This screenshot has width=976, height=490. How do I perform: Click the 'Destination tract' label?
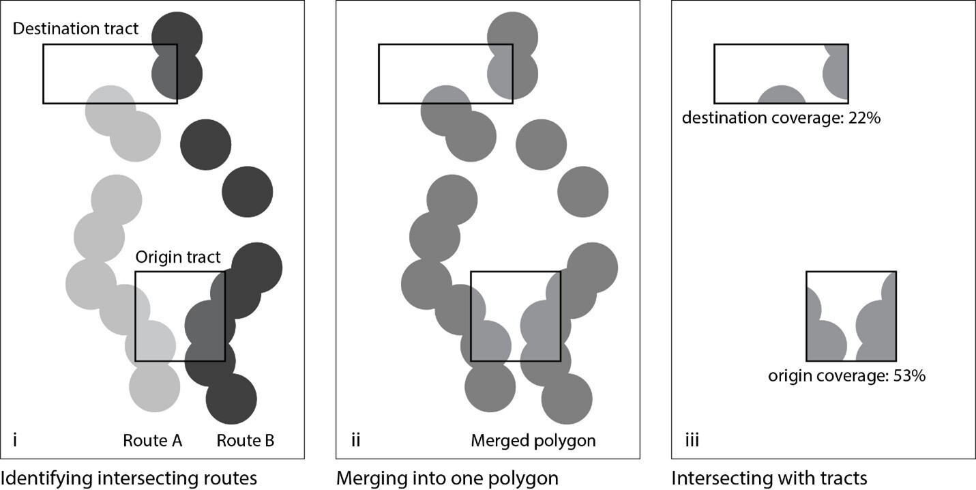[76, 29]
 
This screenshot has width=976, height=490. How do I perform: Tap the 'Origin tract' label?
[177, 257]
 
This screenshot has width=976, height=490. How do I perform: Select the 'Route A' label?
[152, 441]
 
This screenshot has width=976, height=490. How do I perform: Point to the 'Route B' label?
[246, 441]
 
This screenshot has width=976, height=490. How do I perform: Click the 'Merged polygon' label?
[533, 441]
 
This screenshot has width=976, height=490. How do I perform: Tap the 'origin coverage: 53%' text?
[846, 375]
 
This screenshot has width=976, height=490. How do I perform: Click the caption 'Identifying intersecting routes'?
[129, 478]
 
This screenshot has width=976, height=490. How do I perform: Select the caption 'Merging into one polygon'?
[447, 478]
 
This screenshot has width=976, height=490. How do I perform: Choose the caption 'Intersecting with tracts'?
[769, 478]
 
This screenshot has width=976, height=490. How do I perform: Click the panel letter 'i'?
[14, 441]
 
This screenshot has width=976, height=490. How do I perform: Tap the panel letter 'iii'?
[692, 441]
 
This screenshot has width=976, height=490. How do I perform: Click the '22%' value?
[864, 117]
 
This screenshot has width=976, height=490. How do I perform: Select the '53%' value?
[908, 375]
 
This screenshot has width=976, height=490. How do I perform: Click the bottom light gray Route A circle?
[155, 387]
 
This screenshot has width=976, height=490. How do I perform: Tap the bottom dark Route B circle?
[231, 399]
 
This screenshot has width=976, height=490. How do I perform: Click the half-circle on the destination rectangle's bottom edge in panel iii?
[782, 96]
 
